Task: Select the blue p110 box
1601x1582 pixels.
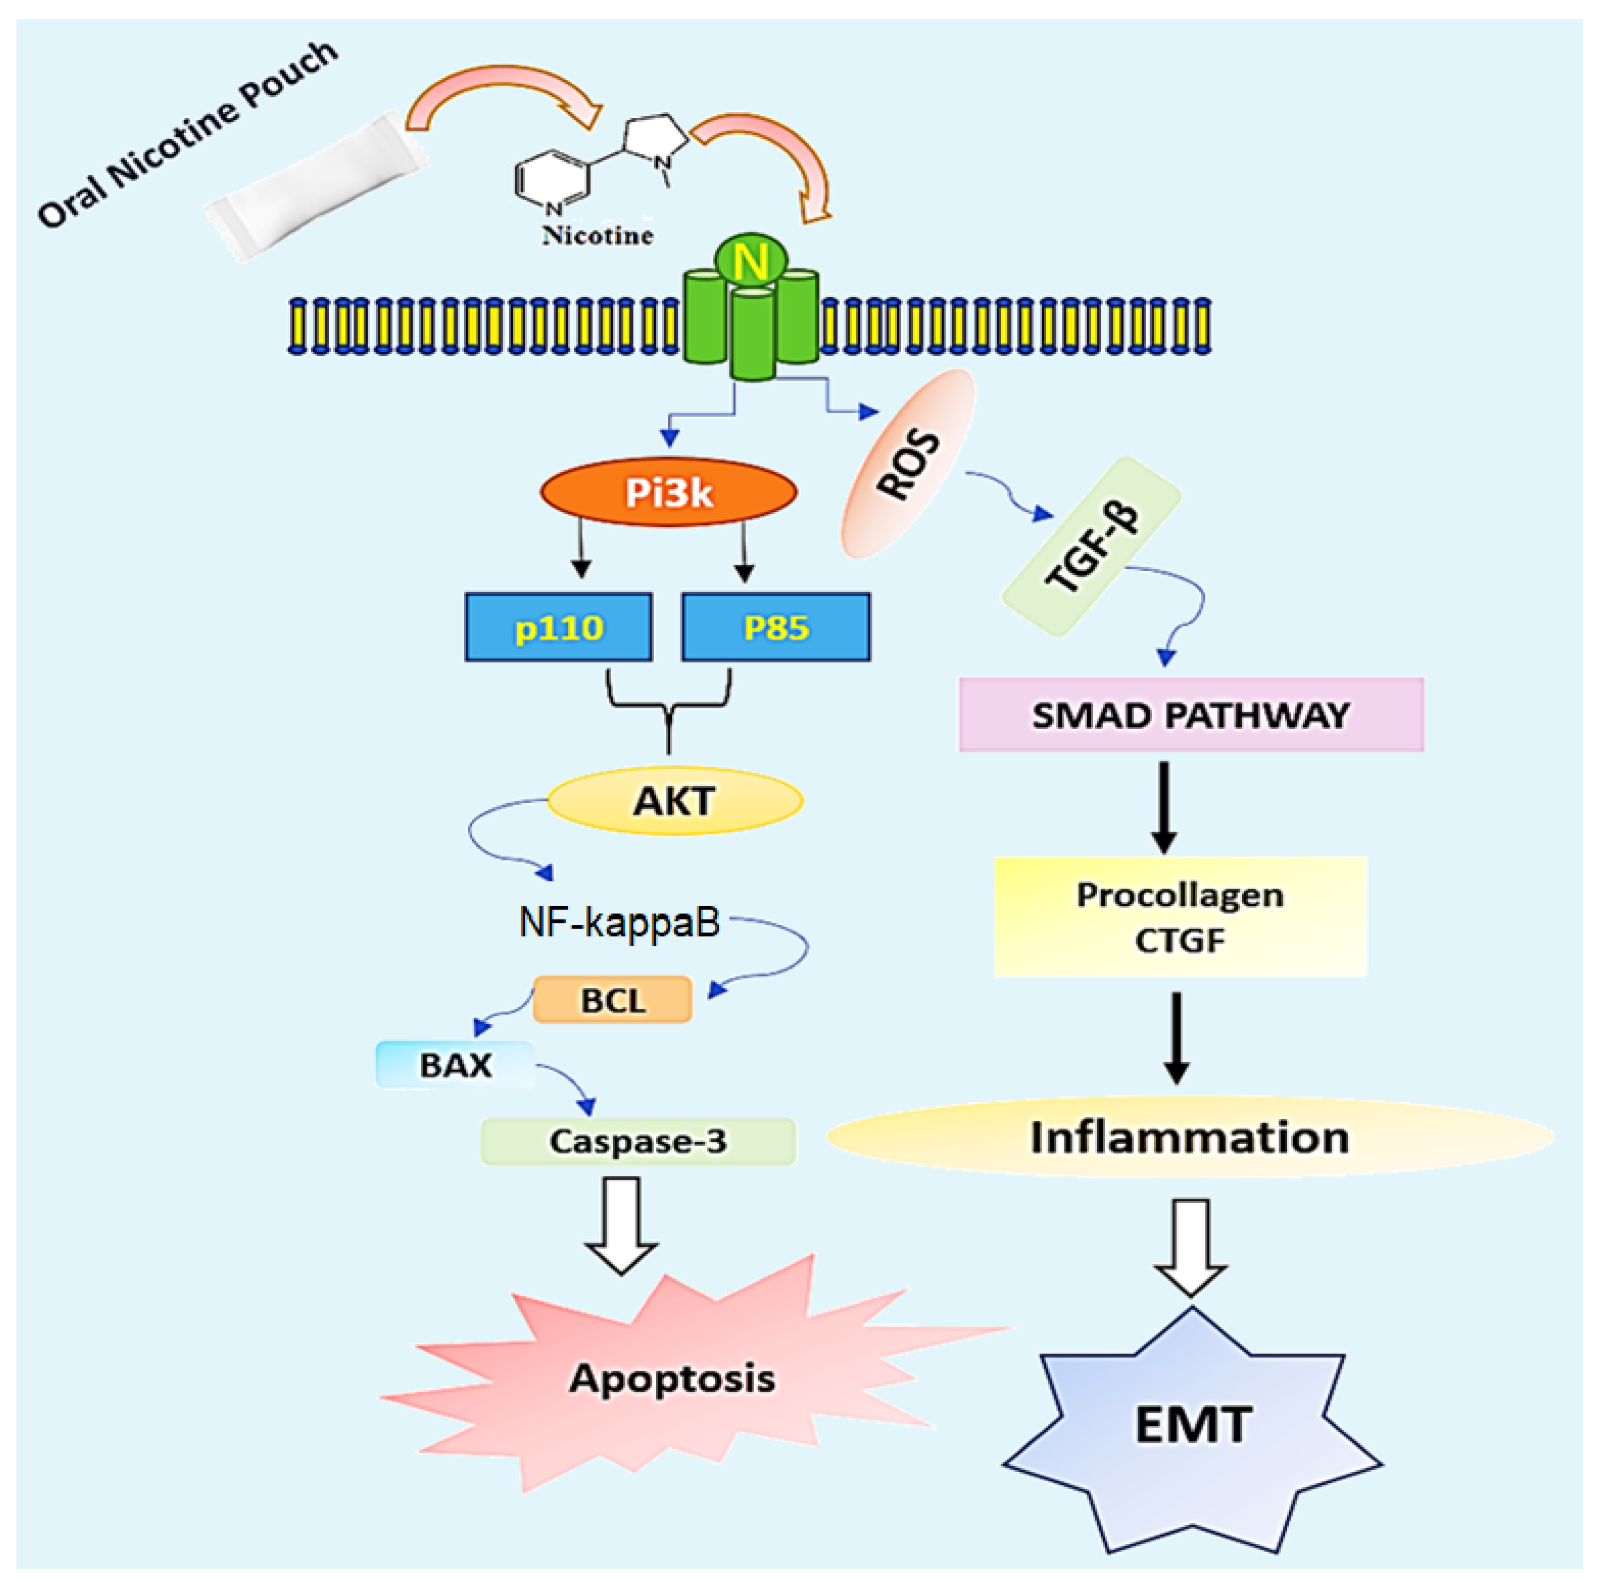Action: [559, 627]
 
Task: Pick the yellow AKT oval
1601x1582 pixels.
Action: [674, 801]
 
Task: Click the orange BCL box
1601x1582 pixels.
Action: [612, 999]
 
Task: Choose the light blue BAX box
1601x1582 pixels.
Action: [455, 1065]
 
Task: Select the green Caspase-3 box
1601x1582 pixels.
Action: [638, 1141]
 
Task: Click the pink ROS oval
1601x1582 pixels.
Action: [908, 463]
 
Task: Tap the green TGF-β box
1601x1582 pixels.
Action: [1091, 547]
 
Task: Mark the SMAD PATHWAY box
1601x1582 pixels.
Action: [1191, 714]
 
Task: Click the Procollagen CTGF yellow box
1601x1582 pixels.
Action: [1180, 916]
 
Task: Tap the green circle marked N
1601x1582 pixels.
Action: [752, 260]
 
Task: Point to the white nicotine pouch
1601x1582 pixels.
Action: [317, 187]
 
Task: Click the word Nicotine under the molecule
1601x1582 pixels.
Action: [598, 235]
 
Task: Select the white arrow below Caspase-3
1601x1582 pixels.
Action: [621, 1226]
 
